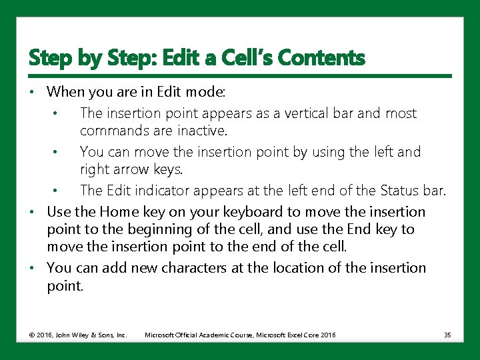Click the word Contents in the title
point(321,59)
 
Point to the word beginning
point(151,229)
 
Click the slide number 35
point(447,335)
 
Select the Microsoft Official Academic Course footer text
point(240,335)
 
